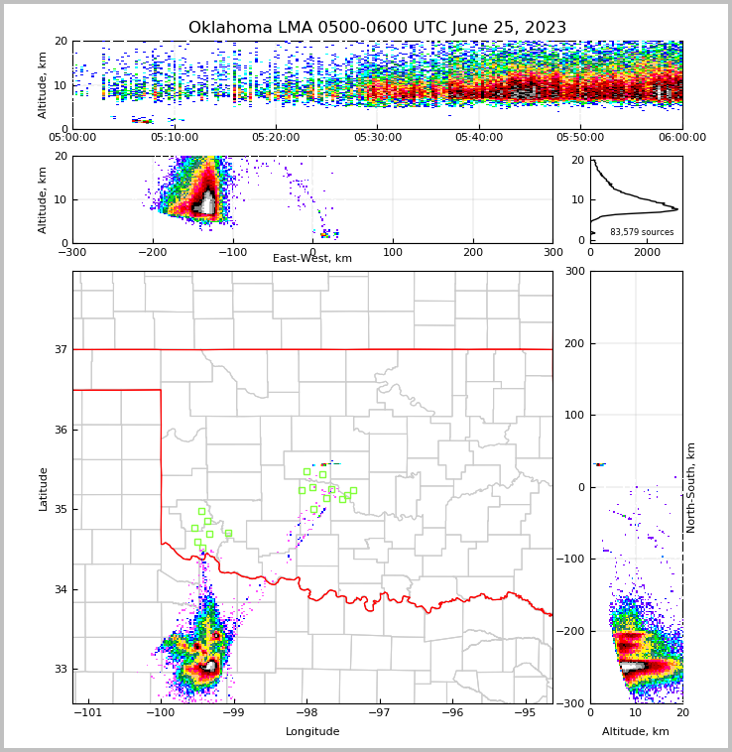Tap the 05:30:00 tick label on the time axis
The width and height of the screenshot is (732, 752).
click(x=377, y=138)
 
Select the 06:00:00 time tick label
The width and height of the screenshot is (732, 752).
click(x=681, y=138)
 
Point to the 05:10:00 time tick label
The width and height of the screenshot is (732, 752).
click(x=174, y=138)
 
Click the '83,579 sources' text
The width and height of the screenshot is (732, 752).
click(x=642, y=232)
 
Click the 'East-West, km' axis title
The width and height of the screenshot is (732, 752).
click(x=312, y=258)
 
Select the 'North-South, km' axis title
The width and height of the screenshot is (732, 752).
click(x=691, y=487)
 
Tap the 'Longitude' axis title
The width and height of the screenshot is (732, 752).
click(x=312, y=731)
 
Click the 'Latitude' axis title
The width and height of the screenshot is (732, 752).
click(x=43, y=488)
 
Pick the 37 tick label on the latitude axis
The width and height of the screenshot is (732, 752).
click(x=60, y=349)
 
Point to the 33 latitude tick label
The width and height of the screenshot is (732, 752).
click(x=60, y=670)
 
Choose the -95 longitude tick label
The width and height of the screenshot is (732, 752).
click(x=525, y=712)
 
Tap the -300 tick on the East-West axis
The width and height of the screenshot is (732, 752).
click(x=72, y=252)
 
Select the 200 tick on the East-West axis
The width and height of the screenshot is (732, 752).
click(x=473, y=252)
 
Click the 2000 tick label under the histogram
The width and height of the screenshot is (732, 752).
click(x=647, y=252)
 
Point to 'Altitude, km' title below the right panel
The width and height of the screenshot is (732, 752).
click(x=636, y=731)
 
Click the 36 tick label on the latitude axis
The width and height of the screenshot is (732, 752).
click(x=60, y=430)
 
